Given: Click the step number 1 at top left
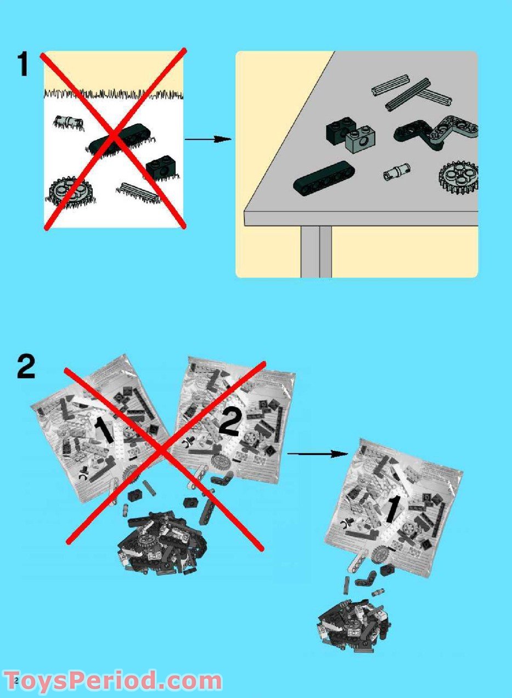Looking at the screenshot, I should click(23, 64).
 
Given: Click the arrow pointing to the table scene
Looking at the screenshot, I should click(209, 139).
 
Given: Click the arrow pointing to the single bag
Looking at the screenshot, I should click(318, 453).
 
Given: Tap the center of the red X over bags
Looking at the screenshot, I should click(163, 451).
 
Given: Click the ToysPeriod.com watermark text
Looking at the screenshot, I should click(112, 681).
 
